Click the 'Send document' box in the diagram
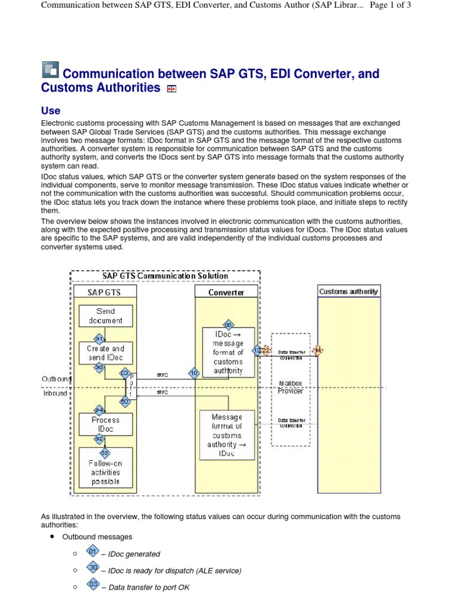[106, 316]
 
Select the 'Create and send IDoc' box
[106, 353]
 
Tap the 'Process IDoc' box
[106, 424]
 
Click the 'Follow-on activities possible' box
[106, 472]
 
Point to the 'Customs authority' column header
[348, 291]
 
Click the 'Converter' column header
[226, 292]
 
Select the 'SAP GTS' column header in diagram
[104, 292]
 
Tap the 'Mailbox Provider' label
[290, 387]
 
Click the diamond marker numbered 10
[194, 373]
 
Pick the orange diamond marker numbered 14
[319, 350]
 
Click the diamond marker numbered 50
[124, 401]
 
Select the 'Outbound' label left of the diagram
[55, 378]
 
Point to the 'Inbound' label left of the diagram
[55, 393]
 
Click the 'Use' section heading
[50, 110]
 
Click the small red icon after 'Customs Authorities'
[172, 89]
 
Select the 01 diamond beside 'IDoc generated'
[92, 552]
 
